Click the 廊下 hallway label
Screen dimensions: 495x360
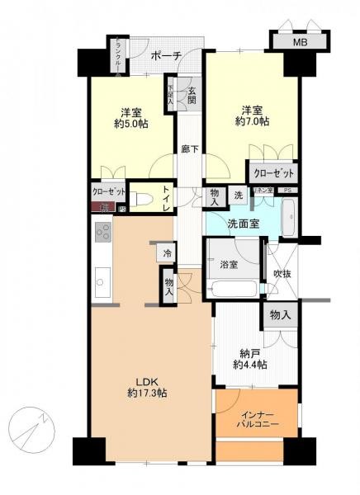(x=189, y=149)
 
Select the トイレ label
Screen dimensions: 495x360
(x=166, y=200)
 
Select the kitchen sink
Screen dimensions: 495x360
(x=100, y=282)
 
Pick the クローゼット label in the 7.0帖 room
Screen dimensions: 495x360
(x=272, y=173)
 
